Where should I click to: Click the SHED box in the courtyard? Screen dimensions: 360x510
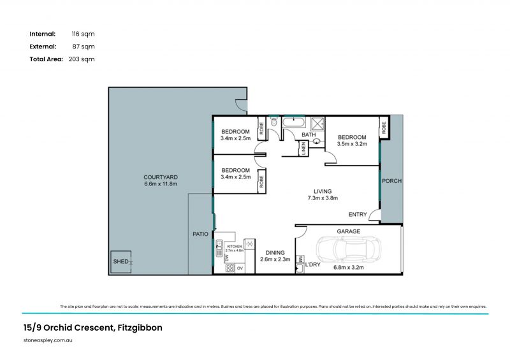[121, 262]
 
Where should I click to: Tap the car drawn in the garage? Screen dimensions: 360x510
[349, 252]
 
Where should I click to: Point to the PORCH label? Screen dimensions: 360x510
[391, 181]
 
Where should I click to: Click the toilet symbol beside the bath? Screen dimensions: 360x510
[274, 122]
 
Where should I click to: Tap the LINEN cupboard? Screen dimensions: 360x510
[303, 148]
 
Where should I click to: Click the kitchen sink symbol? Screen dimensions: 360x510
[219, 244]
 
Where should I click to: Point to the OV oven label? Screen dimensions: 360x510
[240, 269]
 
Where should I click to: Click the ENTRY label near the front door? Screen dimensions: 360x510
[357, 215]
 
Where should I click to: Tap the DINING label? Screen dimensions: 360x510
[275, 252]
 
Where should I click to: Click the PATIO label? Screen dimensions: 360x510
[201, 234]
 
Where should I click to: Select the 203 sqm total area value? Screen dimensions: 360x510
[81, 59]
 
